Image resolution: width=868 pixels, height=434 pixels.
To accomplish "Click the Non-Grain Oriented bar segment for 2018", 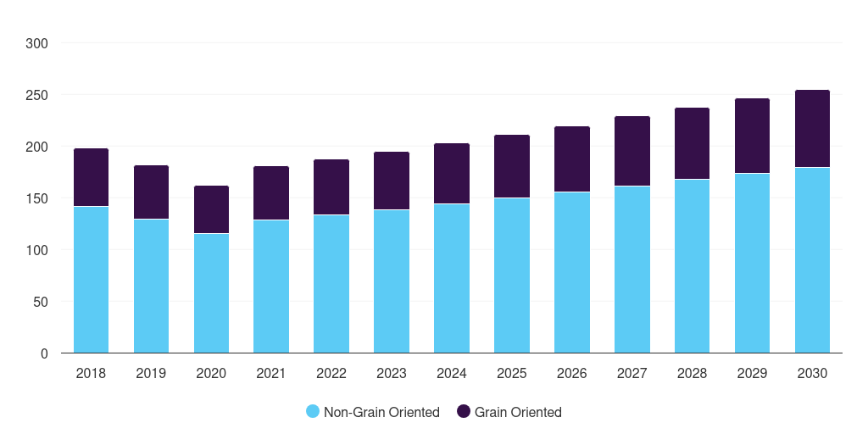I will tap(91, 279).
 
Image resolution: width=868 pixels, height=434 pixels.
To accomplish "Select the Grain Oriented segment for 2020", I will tap(211, 209).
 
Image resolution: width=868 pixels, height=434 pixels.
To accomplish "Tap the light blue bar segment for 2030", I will tap(812, 259).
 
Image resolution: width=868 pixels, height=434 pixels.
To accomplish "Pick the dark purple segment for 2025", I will tap(512, 166).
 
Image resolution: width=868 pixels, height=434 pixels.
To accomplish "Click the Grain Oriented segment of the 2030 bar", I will tap(812, 129).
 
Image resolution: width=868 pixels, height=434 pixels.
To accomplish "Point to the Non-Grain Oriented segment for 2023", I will tap(392, 281).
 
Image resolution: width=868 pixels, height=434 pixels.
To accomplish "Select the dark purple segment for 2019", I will tap(151, 192).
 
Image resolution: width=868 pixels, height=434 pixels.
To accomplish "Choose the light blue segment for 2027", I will tap(632, 269).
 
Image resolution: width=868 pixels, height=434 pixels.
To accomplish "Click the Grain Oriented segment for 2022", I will tap(331, 186).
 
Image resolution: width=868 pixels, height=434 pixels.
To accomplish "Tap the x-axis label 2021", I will tap(271, 373).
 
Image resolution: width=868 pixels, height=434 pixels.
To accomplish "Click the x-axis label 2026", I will tap(571, 373).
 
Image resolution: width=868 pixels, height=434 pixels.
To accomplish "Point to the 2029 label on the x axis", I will tap(752, 373).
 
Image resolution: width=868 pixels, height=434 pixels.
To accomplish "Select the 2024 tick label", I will tap(452, 373).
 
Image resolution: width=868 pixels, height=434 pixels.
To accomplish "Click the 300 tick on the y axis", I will tap(36, 43).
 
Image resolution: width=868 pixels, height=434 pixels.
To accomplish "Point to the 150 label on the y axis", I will tap(36, 198).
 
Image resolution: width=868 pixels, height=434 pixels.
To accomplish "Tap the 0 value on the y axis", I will tap(44, 353).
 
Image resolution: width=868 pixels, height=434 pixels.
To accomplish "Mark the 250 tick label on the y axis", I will tap(36, 95).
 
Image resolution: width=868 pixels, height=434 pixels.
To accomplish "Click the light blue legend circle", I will tap(313, 412).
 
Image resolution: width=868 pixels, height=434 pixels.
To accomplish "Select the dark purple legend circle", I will tap(464, 412).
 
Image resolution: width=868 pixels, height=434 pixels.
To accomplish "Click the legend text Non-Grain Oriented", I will tap(381, 412).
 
